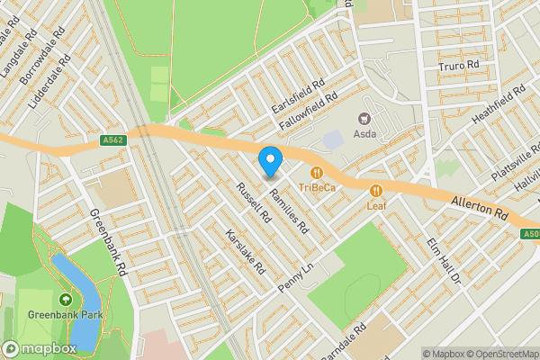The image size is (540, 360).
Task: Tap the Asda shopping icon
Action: (364, 119)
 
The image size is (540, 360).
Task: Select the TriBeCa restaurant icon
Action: (317, 172)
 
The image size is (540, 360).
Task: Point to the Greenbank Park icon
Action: (65, 300)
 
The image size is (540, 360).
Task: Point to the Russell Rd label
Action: (253, 202)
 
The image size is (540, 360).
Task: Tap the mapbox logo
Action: (39, 348)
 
